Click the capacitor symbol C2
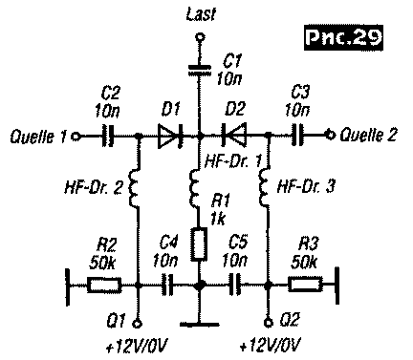point(108,137)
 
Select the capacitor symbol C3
point(297,137)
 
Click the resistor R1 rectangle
point(199,244)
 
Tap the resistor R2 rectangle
point(102,284)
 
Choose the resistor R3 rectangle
point(305,284)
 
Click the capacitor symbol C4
point(168,284)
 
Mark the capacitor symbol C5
point(233,284)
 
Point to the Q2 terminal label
point(288,321)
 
